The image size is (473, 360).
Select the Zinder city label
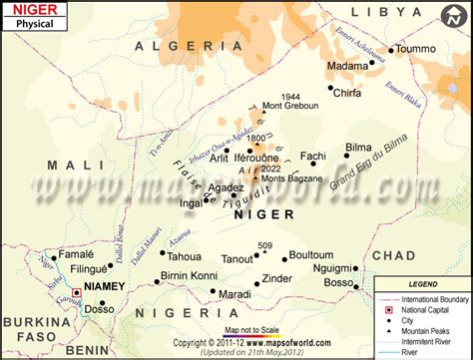276,278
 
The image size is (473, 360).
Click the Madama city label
348,66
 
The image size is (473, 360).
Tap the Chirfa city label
346,93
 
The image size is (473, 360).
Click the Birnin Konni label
189,275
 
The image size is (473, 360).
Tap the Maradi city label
236,295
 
